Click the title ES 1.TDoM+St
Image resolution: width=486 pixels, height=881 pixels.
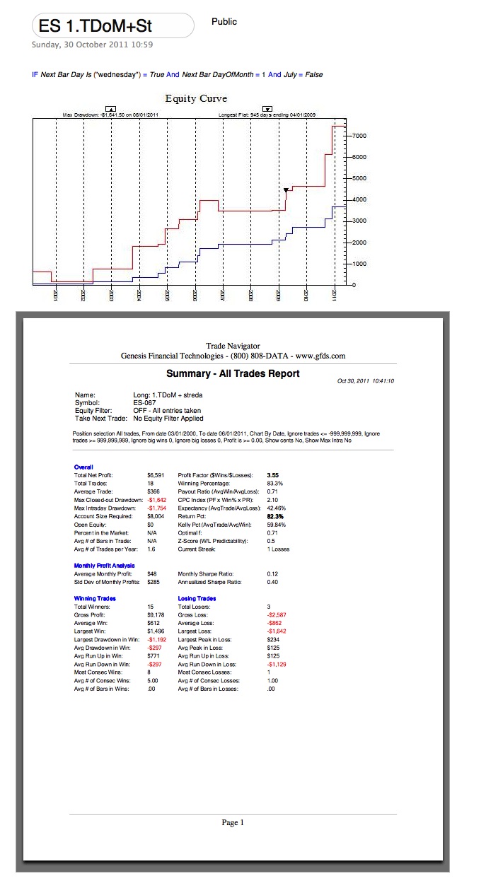point(96,27)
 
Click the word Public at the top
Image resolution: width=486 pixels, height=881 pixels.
point(224,22)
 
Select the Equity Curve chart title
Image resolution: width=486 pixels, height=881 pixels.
point(196,98)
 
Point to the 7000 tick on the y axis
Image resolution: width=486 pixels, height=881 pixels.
point(359,134)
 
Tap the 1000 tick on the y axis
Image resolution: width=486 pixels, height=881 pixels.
point(359,264)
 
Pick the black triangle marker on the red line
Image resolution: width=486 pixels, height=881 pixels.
point(286,190)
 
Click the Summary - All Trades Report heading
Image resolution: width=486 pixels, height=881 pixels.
point(233,373)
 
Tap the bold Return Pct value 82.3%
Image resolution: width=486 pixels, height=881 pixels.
point(274,516)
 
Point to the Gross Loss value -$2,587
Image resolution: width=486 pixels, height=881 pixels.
point(277,614)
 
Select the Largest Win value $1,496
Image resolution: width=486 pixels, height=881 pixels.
point(155,631)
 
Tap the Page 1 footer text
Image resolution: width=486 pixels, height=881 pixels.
point(232,822)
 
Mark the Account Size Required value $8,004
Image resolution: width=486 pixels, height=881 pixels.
point(155,516)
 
